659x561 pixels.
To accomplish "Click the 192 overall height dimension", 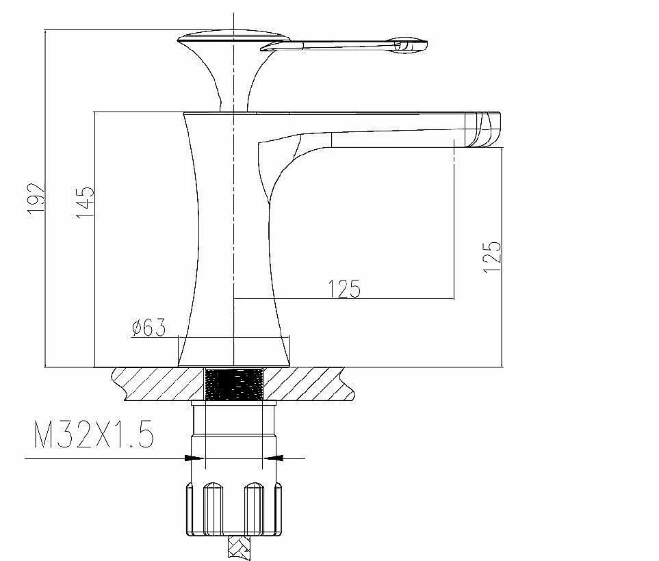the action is point(36,199).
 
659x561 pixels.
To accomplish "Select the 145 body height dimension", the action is point(86,202).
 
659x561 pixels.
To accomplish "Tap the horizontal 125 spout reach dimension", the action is point(344,288).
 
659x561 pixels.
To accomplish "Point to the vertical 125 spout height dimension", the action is point(492,257).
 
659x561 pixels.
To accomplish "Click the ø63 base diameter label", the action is point(148,328).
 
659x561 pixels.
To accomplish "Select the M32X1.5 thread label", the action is point(93,434).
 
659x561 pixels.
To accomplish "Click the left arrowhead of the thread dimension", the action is point(194,458).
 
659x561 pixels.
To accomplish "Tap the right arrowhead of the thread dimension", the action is point(273,458).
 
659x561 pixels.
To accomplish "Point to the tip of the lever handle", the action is point(426,44).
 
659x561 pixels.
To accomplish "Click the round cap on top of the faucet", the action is point(233,37).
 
